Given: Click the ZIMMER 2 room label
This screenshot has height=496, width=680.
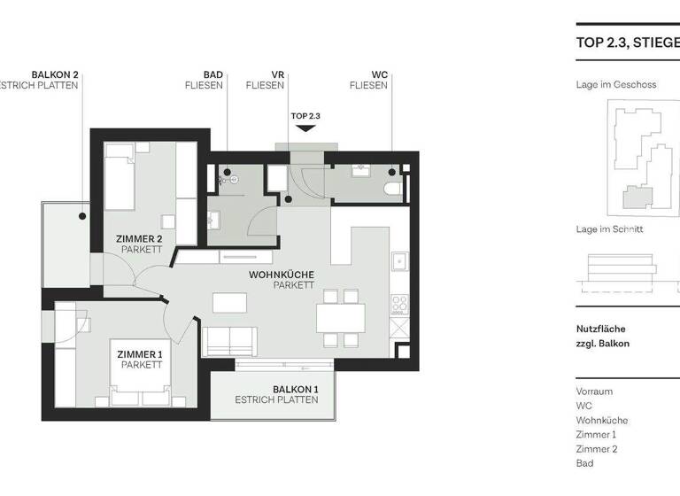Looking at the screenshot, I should (x=139, y=244).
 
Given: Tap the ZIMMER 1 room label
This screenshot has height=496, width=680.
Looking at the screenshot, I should (x=140, y=360).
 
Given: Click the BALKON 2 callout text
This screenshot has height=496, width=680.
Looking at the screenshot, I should (x=54, y=80).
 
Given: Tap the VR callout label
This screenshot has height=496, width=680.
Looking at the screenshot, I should (x=276, y=80).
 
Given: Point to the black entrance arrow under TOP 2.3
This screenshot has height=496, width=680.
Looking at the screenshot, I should (x=305, y=128).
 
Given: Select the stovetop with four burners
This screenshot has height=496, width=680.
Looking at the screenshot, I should (x=399, y=306).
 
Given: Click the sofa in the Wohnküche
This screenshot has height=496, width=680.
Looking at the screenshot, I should (x=228, y=341).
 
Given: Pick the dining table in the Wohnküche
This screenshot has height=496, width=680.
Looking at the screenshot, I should (x=341, y=316).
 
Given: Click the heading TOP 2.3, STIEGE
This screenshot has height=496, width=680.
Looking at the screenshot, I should (x=627, y=42).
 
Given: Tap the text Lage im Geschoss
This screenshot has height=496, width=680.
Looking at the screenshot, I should (x=616, y=85).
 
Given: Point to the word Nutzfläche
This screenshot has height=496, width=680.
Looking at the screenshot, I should (x=600, y=329).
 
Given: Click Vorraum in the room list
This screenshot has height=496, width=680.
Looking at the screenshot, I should (x=594, y=391).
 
